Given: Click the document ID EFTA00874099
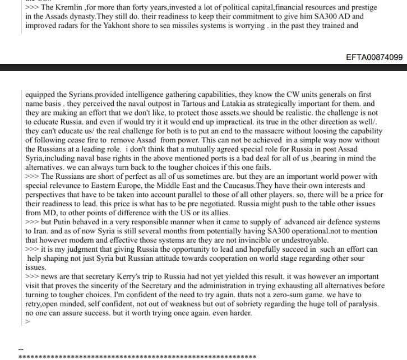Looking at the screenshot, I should (x=374, y=57).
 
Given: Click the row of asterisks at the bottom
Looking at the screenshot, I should (x=137, y=356).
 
